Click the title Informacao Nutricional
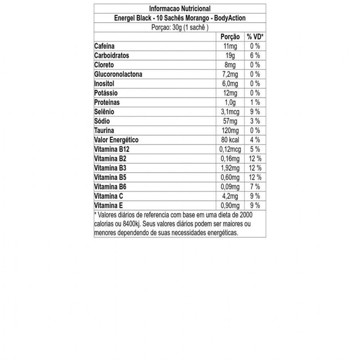point(179,9)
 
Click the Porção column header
point(230,37)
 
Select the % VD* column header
point(255,37)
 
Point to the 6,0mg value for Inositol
point(231,83)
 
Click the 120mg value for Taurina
point(230,130)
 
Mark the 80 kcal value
point(229,140)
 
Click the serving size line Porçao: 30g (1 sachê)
point(179,27)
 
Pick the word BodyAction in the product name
point(230,18)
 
